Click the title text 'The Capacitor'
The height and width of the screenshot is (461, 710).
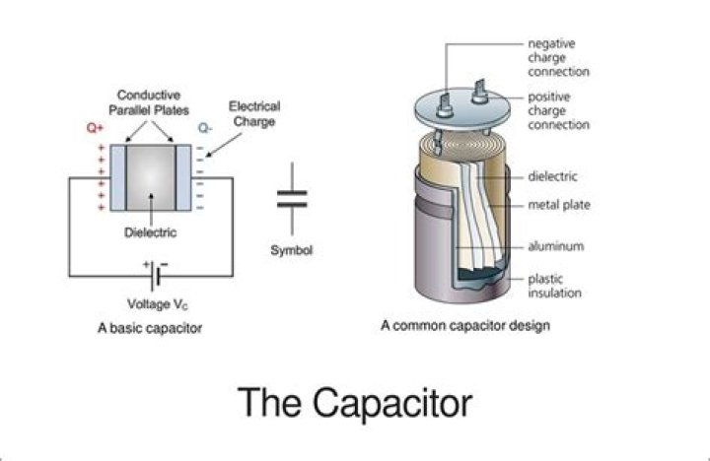click(355, 403)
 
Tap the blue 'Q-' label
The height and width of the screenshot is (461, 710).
click(203, 128)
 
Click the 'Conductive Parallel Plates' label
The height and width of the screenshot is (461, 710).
click(147, 101)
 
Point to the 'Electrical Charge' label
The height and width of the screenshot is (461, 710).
click(253, 113)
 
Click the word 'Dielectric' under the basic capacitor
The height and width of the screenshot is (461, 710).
click(150, 233)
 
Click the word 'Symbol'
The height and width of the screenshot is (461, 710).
click(291, 250)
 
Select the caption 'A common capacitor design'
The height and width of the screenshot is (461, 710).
click(464, 325)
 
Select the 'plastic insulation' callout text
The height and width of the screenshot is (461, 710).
click(553, 285)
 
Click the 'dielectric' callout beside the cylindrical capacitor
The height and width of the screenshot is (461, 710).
click(553, 176)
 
